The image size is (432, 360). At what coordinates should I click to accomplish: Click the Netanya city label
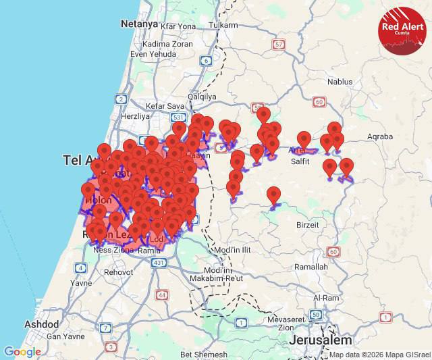coord(139,24)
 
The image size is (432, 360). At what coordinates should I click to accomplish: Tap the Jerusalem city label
coord(321,340)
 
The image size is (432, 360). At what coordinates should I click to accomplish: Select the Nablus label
coord(340,82)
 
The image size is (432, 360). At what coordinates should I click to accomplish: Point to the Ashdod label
coord(42,324)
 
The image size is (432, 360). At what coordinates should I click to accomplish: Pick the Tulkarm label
coord(223,25)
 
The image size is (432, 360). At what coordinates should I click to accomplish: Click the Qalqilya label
coord(202,97)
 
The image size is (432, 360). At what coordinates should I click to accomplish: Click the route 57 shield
coord(278,45)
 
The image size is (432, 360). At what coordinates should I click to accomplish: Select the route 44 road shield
coord(162,294)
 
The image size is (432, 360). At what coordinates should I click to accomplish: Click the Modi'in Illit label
coord(232,250)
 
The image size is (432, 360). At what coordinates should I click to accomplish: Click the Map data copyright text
coord(379,355)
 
